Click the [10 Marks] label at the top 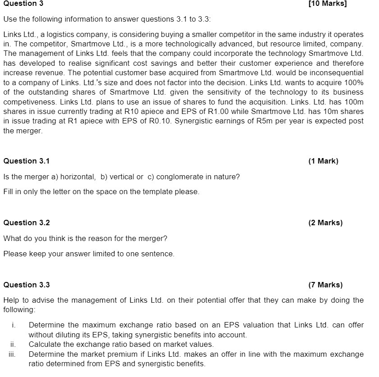(x=328, y=4)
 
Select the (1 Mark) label (x=323, y=161)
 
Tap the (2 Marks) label (x=325, y=223)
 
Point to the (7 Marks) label (x=325, y=285)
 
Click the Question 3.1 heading (x=27, y=161)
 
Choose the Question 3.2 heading (x=27, y=223)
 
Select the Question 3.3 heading (x=27, y=285)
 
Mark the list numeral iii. (x=13, y=354)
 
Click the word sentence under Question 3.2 (x=159, y=254)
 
